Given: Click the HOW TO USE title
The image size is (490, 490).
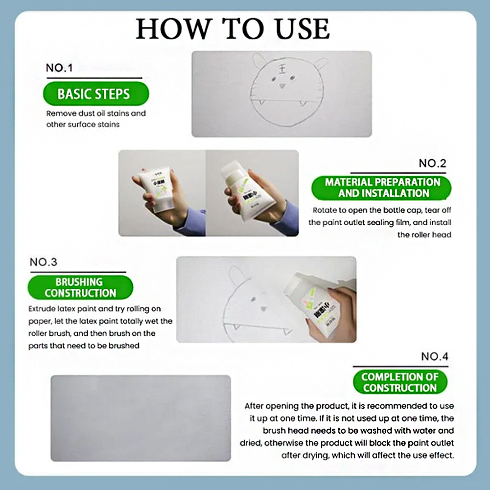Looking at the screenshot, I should [233, 29].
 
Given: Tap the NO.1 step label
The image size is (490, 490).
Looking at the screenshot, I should [59, 68].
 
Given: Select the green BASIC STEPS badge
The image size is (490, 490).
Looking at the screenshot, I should [93, 93].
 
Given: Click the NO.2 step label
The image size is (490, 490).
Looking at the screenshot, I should [432, 163].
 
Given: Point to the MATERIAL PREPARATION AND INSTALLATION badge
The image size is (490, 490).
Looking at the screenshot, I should [382, 188].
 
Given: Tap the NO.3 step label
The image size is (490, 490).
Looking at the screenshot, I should [44, 262].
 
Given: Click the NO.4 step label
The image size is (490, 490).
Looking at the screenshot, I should [434, 357].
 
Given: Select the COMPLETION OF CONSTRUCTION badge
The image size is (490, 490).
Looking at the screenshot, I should [399, 382].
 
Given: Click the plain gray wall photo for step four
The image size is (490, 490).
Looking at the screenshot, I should [140, 419].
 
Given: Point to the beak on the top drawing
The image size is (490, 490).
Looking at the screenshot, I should [282, 86].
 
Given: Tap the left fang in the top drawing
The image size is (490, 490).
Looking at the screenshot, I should [261, 102].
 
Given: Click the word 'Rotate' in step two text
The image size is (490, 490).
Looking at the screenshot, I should [325, 210].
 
